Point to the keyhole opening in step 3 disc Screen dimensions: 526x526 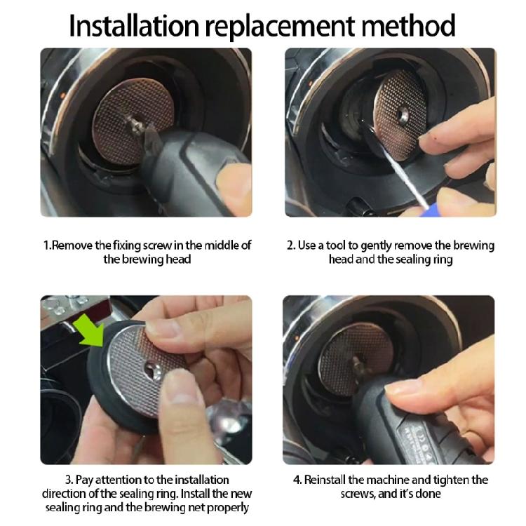tap(152, 367)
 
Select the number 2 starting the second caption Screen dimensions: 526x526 tap(290, 245)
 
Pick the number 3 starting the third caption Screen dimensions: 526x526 tap(69, 480)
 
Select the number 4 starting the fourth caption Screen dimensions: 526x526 tap(297, 480)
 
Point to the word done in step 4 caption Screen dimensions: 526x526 tap(426, 494)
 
